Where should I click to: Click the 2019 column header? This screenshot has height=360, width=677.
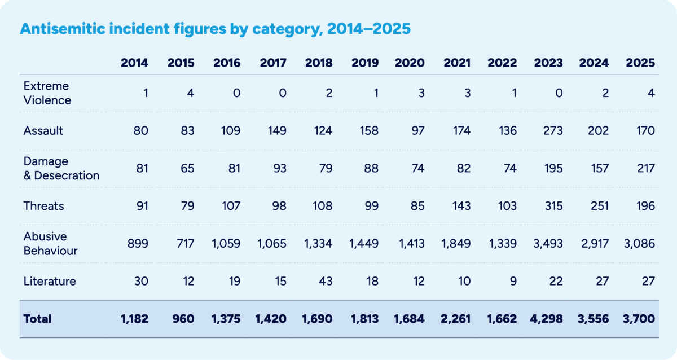(364, 63)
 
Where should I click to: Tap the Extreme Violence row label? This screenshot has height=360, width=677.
(47, 93)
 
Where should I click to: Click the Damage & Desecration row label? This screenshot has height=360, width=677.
(61, 168)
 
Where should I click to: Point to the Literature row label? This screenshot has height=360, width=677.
(50, 281)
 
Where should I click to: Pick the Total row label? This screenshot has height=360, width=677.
(37, 319)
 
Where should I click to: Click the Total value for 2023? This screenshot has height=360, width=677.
(548, 319)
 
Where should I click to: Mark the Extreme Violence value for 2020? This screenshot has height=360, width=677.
(420, 93)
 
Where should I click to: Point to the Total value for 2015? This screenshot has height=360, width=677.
(184, 319)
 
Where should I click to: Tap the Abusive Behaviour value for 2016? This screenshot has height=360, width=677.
(227, 244)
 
